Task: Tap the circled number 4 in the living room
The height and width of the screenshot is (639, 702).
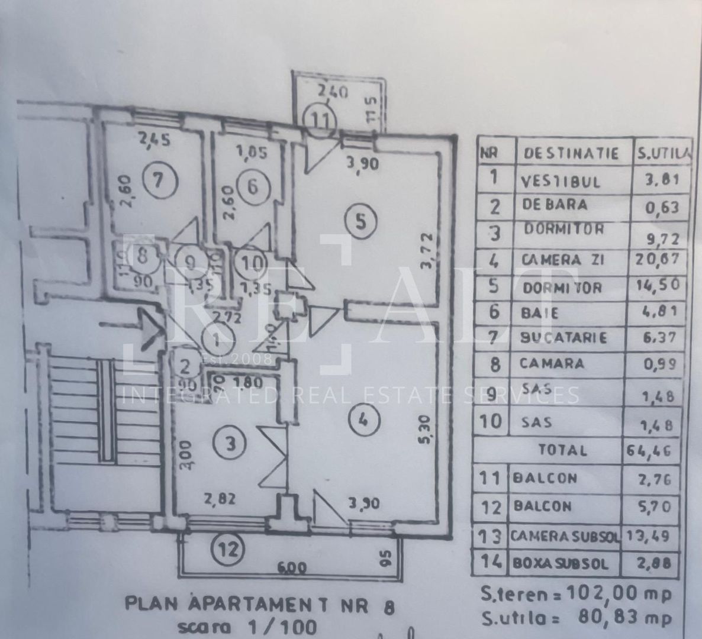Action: coord(363,421)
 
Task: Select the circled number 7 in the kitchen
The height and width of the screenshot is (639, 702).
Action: coord(158,179)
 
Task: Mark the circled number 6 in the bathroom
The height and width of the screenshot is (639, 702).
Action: coord(252,186)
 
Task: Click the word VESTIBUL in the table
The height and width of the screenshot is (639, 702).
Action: coord(560,180)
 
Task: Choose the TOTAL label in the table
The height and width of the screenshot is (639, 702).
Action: coord(563,450)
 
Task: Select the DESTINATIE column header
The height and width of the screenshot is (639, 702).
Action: coord(571,154)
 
